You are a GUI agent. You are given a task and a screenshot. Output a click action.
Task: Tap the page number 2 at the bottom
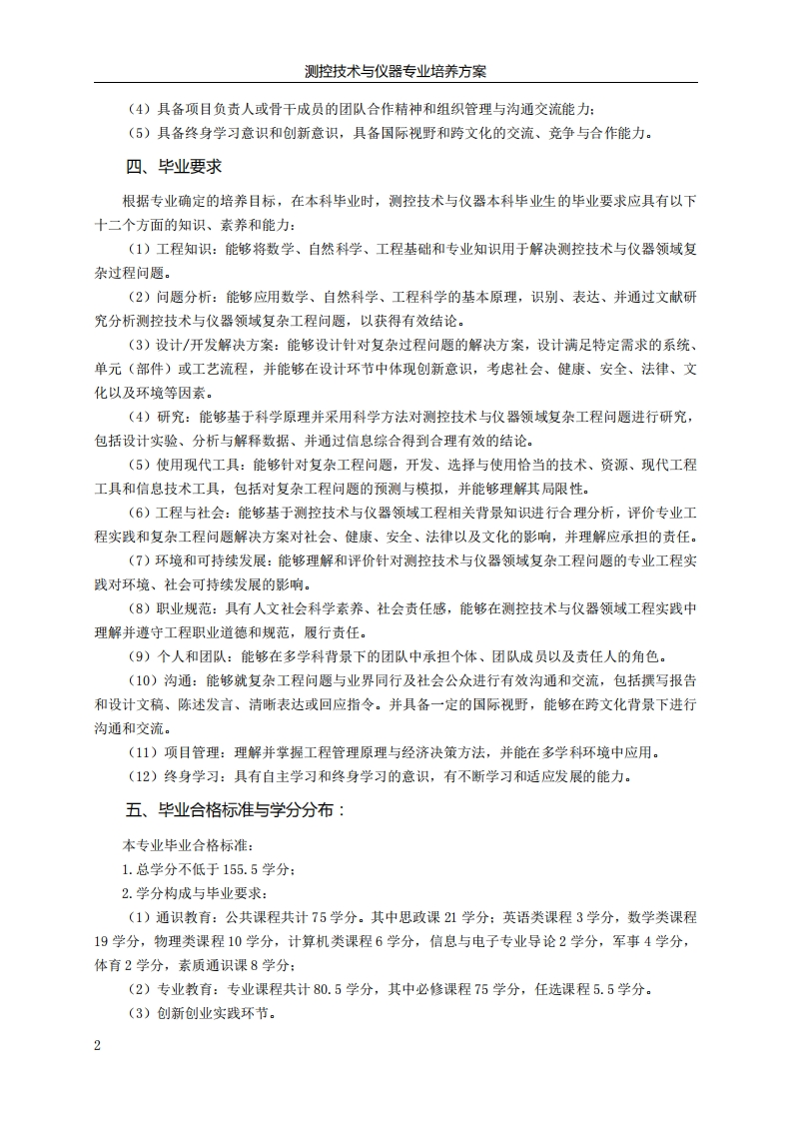click(x=98, y=1045)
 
